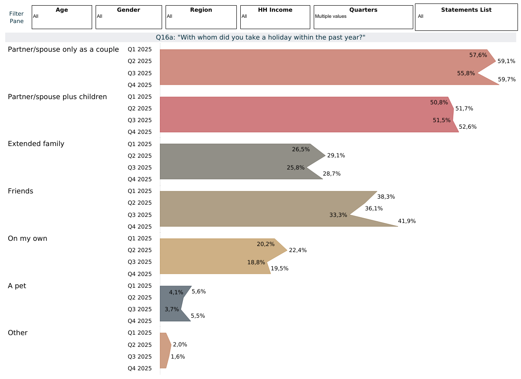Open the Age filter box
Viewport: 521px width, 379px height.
pos(62,17)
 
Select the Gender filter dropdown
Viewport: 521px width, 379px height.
pos(129,17)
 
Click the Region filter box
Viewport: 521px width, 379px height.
pos(201,17)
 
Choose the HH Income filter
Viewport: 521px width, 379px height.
pos(275,17)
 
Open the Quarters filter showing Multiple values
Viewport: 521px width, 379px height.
pos(363,17)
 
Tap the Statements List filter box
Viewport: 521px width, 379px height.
pos(466,18)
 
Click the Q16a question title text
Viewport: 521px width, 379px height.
pos(260,37)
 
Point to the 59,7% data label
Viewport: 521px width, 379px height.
pos(507,80)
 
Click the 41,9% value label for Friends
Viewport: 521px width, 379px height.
pos(407,221)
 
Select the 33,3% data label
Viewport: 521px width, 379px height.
pos(338,215)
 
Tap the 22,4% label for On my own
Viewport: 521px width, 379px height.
pos(298,250)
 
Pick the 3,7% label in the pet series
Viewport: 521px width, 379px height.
pos(172,309)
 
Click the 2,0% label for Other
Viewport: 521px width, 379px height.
pos(180,345)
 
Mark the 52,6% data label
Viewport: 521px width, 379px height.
pos(468,127)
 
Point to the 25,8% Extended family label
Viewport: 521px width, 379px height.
pos(295,167)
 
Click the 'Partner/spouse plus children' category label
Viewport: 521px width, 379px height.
pos(57,96)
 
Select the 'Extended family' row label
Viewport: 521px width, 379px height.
pos(36,144)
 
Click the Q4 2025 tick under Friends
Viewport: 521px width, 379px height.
pos(139,226)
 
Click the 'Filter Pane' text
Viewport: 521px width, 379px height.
pos(17,17)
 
